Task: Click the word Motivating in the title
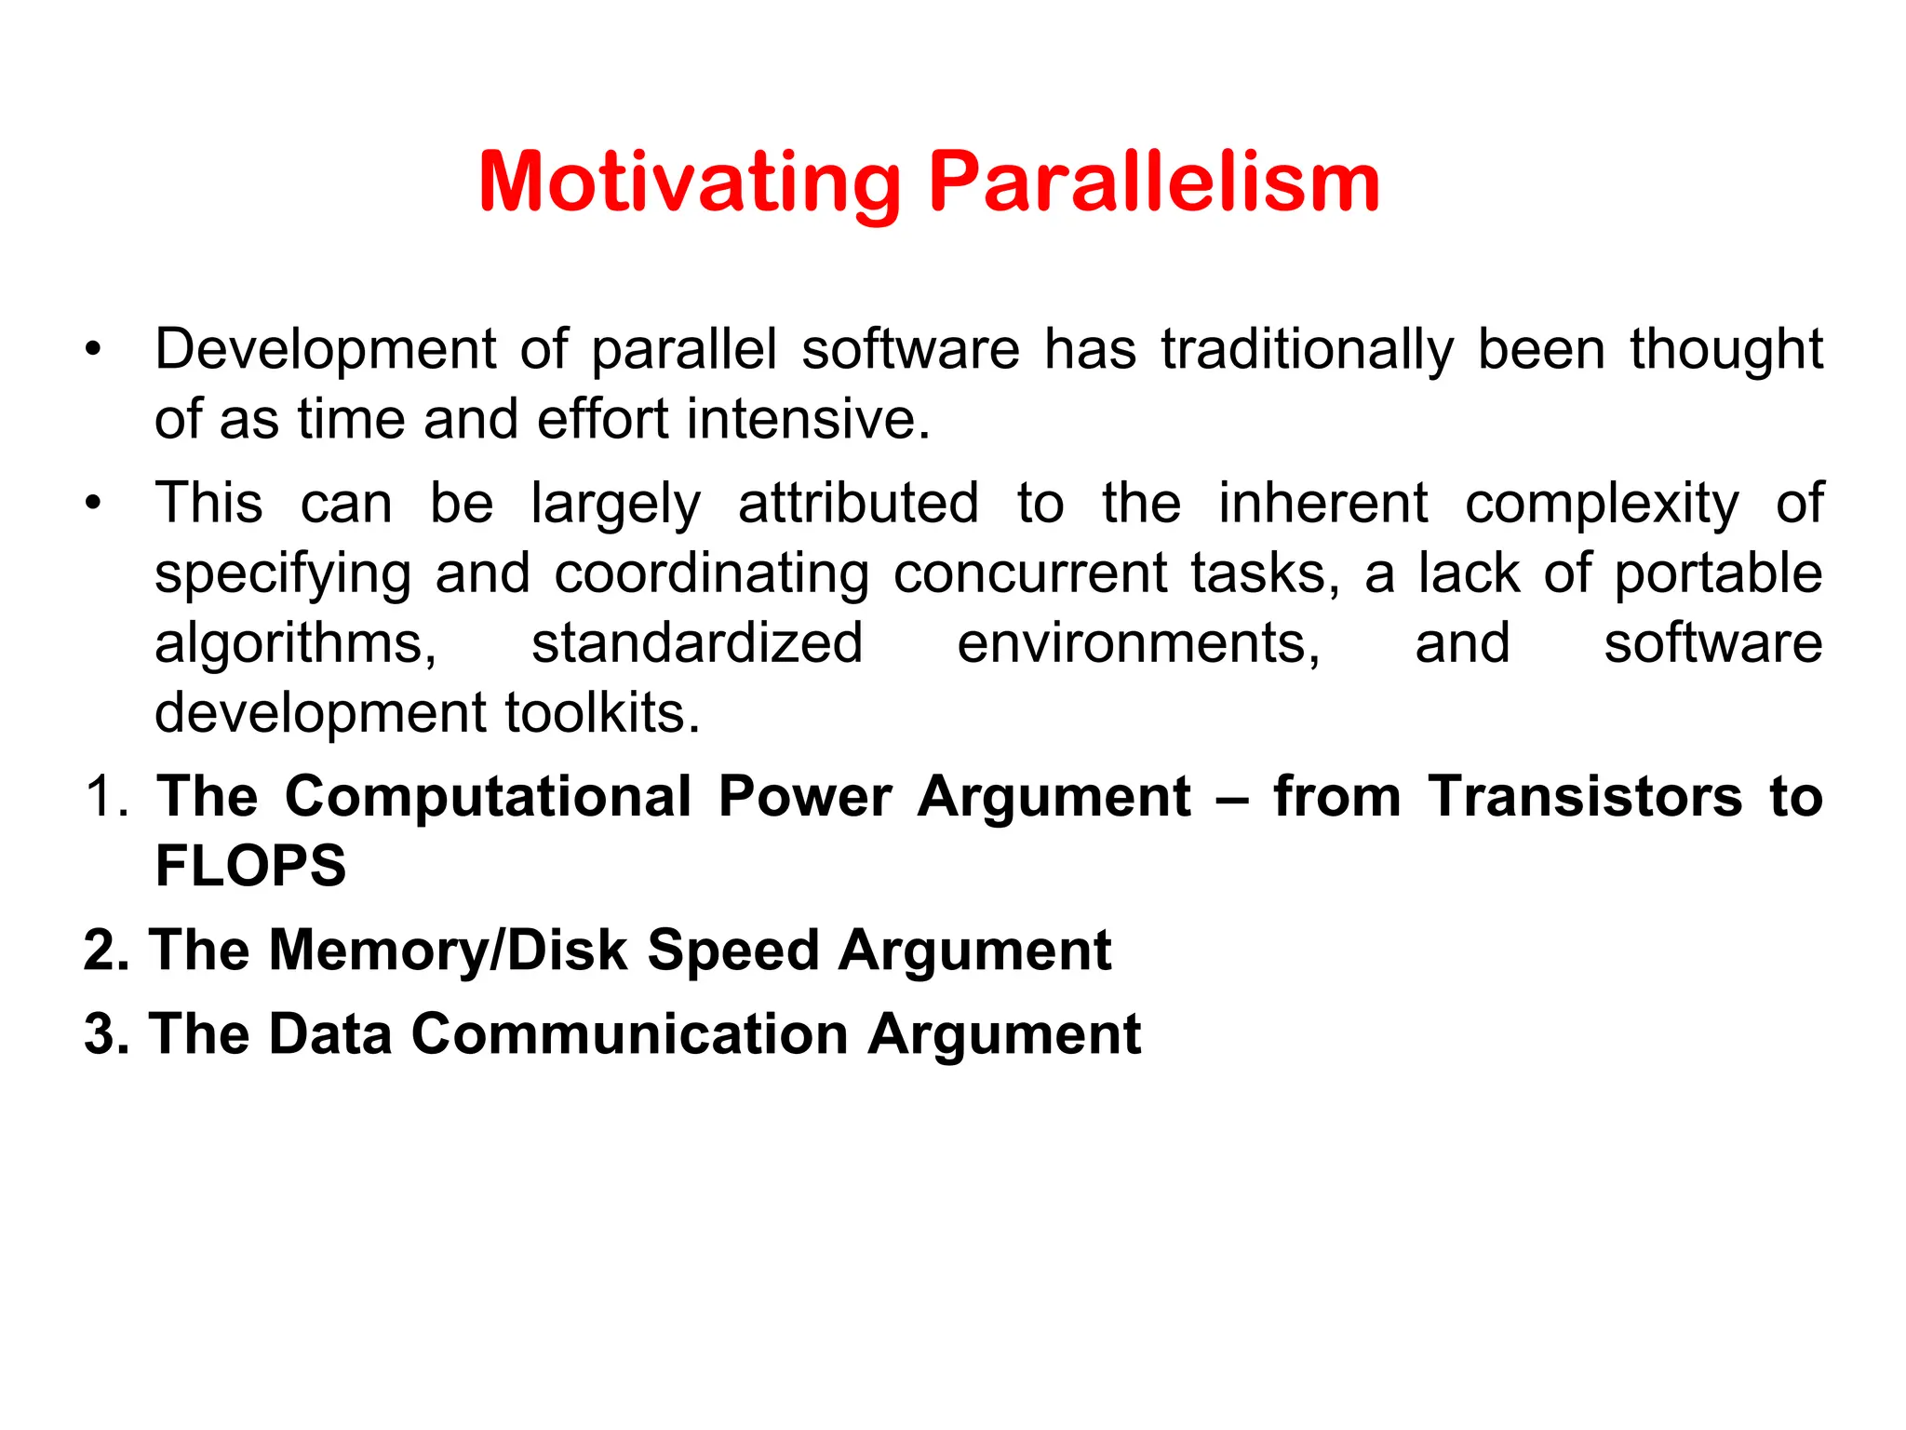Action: (690, 183)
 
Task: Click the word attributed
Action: (858, 504)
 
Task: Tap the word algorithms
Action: (295, 644)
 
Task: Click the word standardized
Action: (697, 642)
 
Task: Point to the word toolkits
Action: (601, 713)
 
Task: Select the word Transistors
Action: (1585, 798)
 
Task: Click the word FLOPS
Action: (250, 867)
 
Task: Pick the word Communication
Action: (629, 1034)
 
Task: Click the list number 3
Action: (103, 1034)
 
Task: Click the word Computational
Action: (488, 798)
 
